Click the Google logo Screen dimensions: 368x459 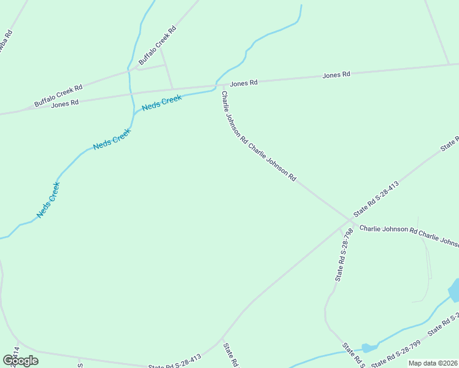pos(21,360)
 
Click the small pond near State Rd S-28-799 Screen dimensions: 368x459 pos(369,348)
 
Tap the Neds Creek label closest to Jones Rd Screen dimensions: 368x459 pos(161,102)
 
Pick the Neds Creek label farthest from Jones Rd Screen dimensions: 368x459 pos(48,200)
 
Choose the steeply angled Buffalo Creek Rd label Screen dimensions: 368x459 pos(157,46)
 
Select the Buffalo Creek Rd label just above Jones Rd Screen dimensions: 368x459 pos(58,96)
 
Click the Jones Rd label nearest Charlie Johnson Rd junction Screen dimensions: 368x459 pos(244,83)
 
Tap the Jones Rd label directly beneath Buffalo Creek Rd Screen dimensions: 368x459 pos(65,104)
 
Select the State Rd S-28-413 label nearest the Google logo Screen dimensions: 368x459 pos(175,362)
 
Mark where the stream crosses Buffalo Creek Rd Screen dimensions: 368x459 pos(129,71)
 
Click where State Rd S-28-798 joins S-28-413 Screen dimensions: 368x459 pos(342,228)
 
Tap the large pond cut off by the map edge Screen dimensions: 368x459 pos(455,289)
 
